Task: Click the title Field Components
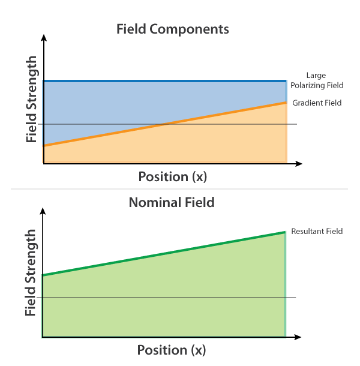coord(173,29)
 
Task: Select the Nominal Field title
coord(172,202)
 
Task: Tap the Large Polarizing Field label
coord(317,80)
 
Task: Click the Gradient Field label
coord(317,103)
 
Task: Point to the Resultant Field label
coord(317,231)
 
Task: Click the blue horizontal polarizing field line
coord(165,81)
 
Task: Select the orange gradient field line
coord(165,124)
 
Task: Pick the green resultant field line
coord(164,254)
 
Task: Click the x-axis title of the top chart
coord(173,176)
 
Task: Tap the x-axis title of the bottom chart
coord(172,350)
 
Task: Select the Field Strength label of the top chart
coord(32,99)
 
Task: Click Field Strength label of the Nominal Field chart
coord(31,272)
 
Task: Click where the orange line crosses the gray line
coord(165,124)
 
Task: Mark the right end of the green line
coord(285,232)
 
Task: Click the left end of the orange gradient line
coord(44,146)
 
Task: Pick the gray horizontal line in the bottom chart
coord(166,298)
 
